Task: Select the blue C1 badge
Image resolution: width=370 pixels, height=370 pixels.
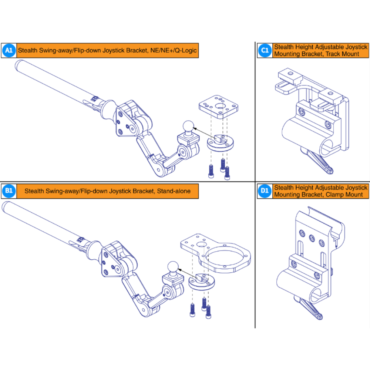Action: [x=265, y=50]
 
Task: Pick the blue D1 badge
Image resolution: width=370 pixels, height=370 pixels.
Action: [x=265, y=191]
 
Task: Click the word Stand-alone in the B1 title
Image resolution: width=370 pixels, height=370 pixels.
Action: [x=174, y=191]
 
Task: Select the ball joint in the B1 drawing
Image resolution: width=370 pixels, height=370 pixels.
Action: [x=173, y=267]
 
